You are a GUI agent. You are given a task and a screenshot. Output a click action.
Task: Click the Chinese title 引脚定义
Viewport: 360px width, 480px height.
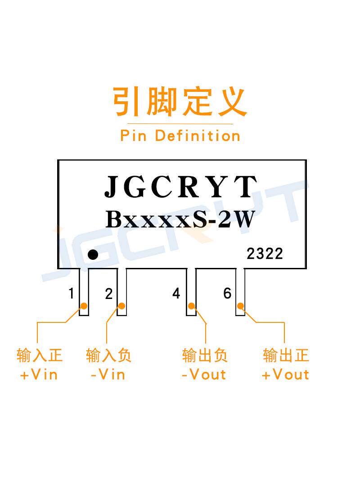pos(180,102)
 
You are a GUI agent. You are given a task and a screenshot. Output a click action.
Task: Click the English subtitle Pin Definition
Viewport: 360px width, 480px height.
pos(180,136)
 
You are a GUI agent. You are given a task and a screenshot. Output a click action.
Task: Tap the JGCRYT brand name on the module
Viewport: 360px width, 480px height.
pos(180,186)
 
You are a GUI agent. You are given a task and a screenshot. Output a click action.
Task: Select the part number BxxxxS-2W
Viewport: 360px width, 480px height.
pos(180,219)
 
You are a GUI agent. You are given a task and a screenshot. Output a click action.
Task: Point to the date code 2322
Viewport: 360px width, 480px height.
pos(265,254)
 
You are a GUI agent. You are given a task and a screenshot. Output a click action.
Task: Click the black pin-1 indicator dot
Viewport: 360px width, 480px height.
pos(93,254)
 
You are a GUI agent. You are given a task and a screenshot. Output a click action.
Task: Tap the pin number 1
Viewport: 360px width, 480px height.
pos(71,293)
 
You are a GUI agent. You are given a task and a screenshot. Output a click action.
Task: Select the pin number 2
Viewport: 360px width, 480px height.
pos(109,294)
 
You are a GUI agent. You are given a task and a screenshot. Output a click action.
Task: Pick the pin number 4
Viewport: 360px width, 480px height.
pos(176,293)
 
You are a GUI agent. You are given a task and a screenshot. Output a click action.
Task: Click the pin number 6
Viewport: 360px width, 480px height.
pos(227,293)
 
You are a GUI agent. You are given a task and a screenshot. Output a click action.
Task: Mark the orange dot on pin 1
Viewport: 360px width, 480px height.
pos(84,306)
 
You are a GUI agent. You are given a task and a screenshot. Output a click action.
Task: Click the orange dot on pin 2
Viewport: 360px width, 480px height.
pos(121,306)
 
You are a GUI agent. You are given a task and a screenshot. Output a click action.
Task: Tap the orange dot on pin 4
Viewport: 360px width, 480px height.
pos(191,306)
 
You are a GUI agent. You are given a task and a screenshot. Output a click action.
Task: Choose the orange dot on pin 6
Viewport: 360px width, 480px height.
pos(240,306)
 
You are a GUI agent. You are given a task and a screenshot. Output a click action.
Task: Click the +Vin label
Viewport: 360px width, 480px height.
pos(39,375)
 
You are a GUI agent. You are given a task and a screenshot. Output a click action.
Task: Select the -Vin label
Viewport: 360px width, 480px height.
pos(108,375)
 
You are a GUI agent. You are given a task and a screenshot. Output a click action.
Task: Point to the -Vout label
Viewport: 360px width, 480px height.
pos(204,375)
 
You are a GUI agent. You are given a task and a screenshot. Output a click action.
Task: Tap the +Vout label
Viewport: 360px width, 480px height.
pos(285,375)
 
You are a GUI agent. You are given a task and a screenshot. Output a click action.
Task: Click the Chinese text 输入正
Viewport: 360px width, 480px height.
pos(40,355)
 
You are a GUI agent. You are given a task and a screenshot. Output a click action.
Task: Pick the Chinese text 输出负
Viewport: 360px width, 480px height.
pos(205,355)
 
